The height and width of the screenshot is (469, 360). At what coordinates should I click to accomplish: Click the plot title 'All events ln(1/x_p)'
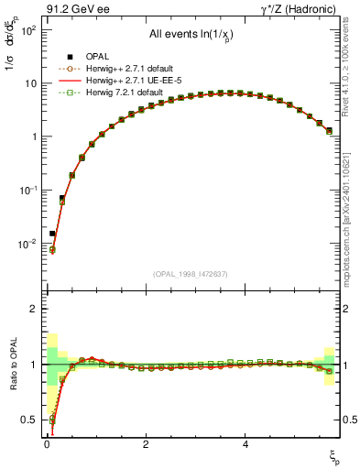coord(193,34)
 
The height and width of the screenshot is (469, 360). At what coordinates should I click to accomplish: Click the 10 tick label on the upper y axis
coord(29,83)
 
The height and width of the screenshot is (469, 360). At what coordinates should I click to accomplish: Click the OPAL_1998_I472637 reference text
coord(192,274)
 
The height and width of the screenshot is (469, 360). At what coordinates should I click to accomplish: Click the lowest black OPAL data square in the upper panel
coord(52,233)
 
